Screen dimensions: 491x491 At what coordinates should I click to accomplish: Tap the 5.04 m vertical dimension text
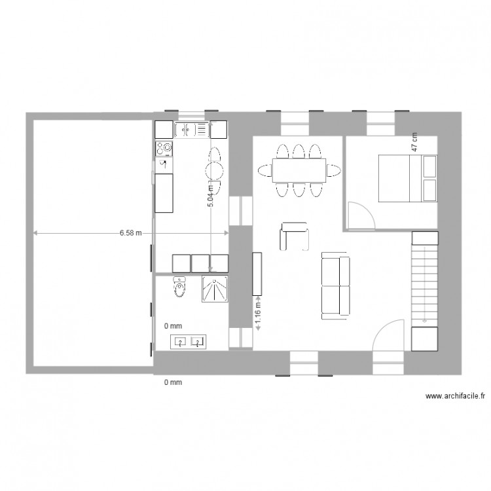coord(211,194)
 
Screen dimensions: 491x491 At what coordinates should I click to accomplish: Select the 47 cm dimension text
coord(414,143)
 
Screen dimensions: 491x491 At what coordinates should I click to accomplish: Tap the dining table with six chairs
coord(299,170)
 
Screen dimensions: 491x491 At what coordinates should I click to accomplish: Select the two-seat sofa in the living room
coord(335,287)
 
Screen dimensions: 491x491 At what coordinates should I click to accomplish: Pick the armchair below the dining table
coord(294,236)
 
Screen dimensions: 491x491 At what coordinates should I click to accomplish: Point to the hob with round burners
coord(162,149)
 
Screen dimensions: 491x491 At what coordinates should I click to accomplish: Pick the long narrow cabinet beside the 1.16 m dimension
coord(257,273)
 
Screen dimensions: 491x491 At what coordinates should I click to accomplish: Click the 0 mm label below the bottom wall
coord(172,382)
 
